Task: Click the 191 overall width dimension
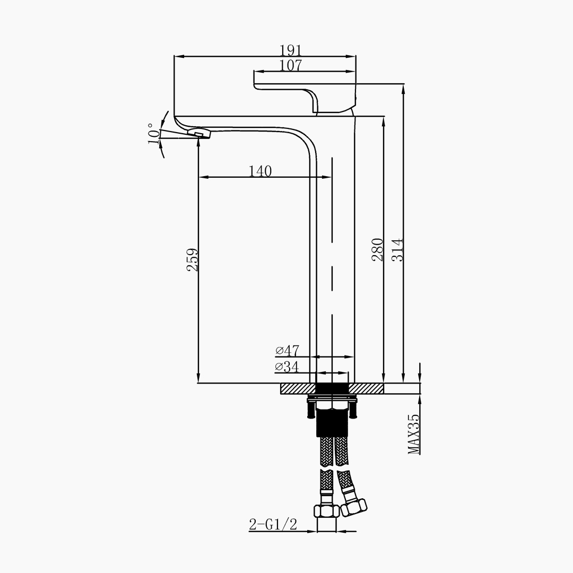point(291,50)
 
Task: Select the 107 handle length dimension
point(291,65)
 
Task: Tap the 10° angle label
point(153,134)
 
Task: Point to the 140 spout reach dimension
point(260,171)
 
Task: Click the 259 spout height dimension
point(193,260)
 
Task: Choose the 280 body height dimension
point(378,249)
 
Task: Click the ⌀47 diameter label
point(287,351)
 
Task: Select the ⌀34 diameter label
point(287,367)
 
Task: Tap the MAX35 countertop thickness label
point(414,434)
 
